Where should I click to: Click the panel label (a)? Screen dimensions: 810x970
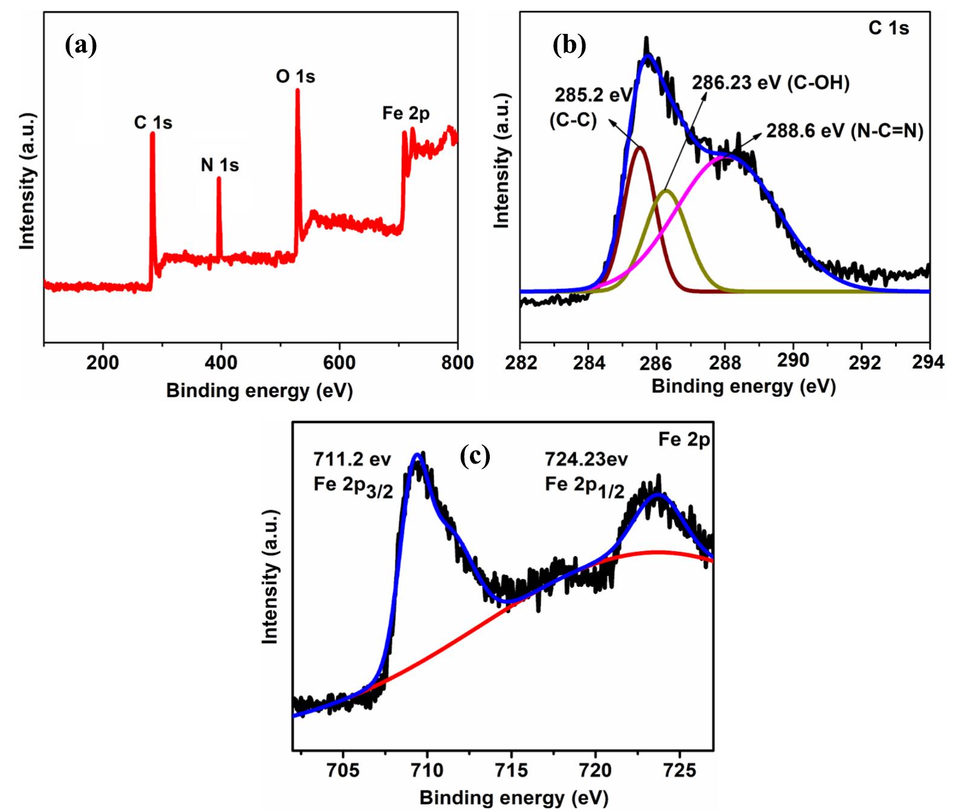tap(81, 45)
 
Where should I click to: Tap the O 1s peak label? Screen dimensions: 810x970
tap(295, 77)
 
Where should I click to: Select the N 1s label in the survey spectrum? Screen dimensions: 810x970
tap(220, 165)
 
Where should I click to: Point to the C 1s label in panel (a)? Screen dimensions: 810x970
tap(153, 123)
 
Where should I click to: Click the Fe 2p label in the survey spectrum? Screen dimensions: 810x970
tap(406, 113)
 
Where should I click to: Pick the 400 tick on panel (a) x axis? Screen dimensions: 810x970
tap(221, 363)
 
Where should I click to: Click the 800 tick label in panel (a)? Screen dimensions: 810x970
tap(457, 363)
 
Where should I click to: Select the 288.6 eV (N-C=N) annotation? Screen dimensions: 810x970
tap(845, 131)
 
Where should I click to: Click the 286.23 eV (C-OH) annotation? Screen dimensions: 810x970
tap(771, 83)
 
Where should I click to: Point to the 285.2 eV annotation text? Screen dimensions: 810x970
tap(594, 95)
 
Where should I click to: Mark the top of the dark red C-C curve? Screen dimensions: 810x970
tap(640, 147)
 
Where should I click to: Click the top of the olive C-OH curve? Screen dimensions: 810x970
tap(666, 191)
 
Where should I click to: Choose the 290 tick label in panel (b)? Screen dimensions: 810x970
tap(793, 361)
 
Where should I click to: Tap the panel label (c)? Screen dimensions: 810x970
tap(475, 455)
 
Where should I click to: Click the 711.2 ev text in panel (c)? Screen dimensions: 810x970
tap(352, 459)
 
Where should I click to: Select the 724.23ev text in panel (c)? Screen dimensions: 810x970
tap(586, 459)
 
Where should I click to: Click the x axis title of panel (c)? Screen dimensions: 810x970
tap(513, 797)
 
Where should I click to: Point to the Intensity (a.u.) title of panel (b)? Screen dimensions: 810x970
tap(503, 161)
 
